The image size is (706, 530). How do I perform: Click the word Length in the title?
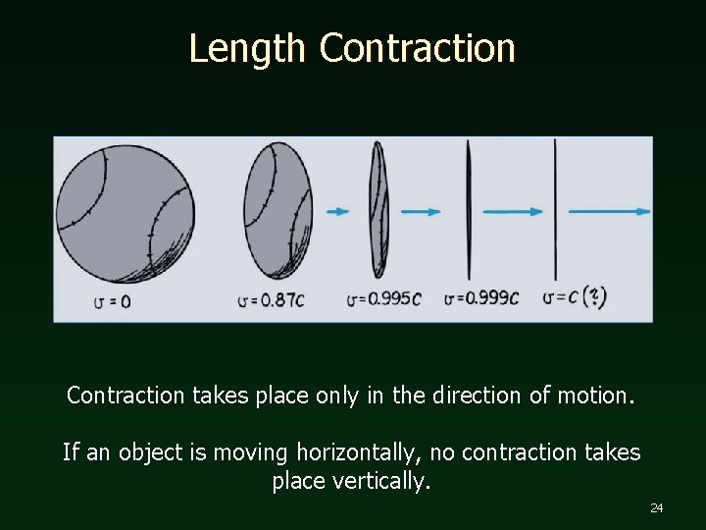[x=249, y=48]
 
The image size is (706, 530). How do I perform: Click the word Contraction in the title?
[x=417, y=48]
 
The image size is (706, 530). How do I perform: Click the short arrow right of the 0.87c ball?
[x=337, y=211]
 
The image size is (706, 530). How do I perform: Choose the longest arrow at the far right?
[x=609, y=211]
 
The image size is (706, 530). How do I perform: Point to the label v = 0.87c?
[x=270, y=299]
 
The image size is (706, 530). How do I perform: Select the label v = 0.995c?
[x=384, y=298]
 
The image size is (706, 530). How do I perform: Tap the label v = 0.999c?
[x=481, y=297]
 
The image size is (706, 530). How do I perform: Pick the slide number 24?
[x=656, y=507]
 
